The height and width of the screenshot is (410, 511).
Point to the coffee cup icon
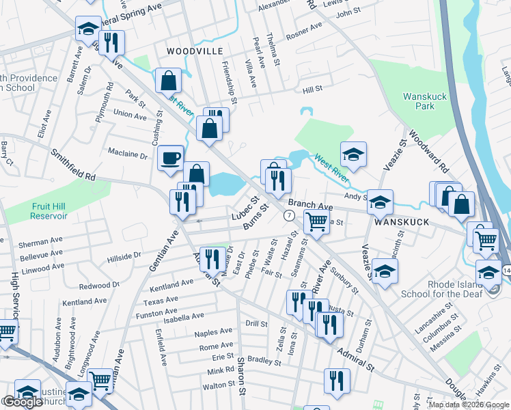pyautogui.click(x=170, y=157)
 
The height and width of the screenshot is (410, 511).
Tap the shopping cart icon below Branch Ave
pyautogui.click(x=316, y=221)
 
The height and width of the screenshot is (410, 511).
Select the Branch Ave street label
pyautogui.click(x=310, y=205)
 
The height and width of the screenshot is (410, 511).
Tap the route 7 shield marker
pyautogui.click(x=290, y=215)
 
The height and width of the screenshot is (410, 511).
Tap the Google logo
pyautogui.click(x=23, y=402)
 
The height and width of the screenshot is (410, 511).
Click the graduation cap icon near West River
pyautogui.click(x=353, y=154)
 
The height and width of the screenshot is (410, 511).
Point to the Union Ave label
pyautogui.click(x=130, y=115)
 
